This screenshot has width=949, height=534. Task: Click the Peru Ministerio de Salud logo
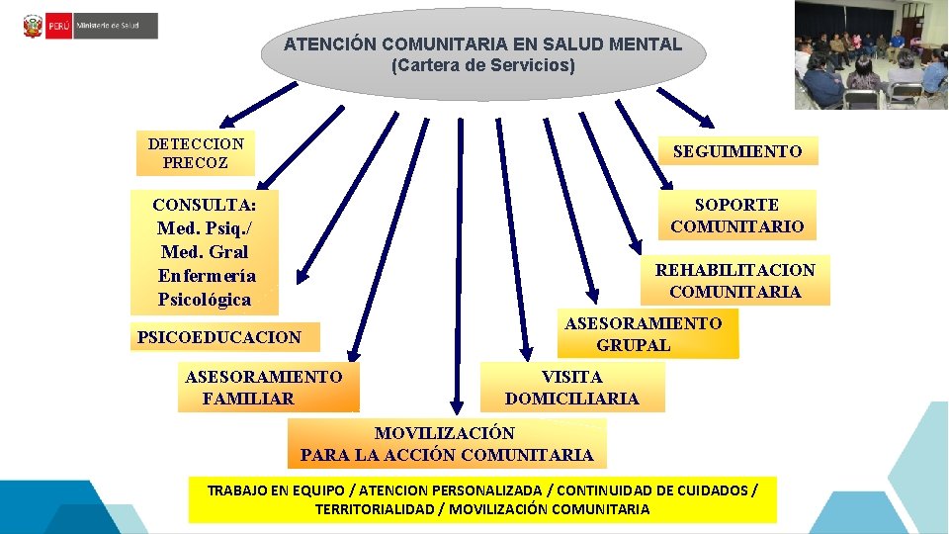tap(89, 25)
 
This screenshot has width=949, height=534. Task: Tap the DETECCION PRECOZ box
tap(195, 152)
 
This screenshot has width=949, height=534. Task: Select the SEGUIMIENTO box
tap(737, 151)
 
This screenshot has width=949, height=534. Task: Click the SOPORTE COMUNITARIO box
tap(736, 216)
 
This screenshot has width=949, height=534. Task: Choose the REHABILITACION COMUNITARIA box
tap(734, 280)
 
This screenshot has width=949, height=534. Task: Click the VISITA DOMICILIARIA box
tap(572, 388)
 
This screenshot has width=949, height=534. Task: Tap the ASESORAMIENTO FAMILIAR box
tap(263, 388)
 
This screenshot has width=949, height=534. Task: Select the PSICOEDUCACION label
tap(218, 337)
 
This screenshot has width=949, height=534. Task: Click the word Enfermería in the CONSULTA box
tap(206, 276)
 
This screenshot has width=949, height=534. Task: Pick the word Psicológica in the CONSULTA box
tap(204, 300)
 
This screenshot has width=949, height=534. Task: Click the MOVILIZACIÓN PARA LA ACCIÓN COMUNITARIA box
tap(447, 444)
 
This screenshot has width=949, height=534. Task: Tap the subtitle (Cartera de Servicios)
tap(482, 66)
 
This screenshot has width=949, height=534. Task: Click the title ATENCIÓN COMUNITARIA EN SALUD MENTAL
tap(482, 44)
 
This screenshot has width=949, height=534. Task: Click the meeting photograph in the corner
tap(870, 54)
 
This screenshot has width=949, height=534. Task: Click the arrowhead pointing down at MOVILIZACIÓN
tap(459, 407)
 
